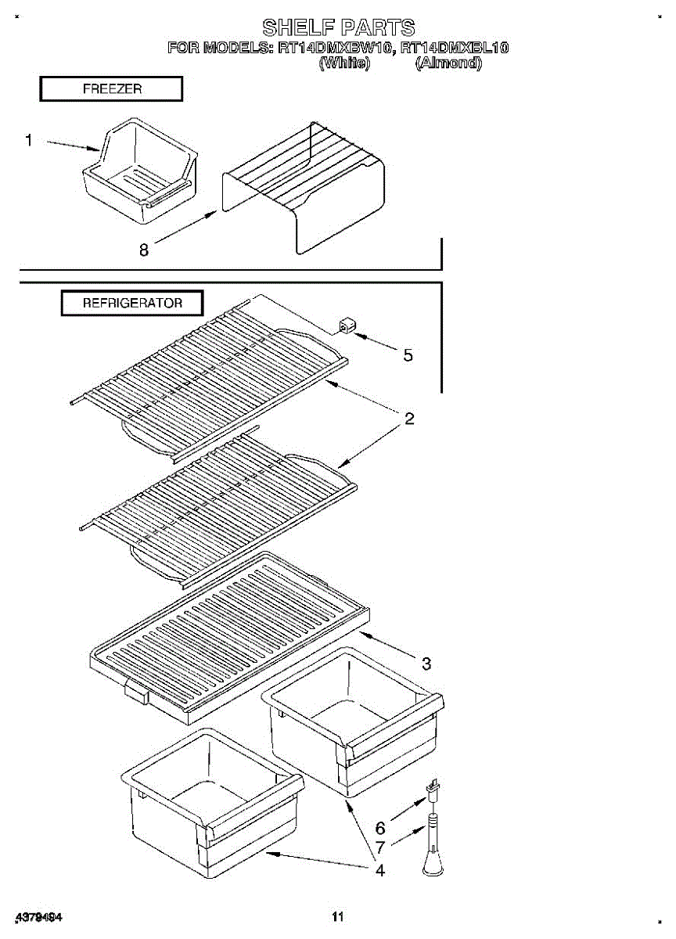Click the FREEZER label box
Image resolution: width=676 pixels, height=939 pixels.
(x=111, y=89)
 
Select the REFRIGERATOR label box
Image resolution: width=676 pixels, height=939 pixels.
(x=132, y=303)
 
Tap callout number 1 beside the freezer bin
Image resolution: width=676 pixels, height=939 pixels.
(x=29, y=141)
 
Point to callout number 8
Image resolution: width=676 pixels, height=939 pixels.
(x=143, y=250)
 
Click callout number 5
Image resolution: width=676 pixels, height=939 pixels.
(x=408, y=355)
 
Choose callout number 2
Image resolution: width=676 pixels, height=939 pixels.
(x=408, y=419)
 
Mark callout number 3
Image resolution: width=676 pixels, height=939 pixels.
(x=426, y=664)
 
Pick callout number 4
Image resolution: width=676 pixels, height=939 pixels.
(x=379, y=869)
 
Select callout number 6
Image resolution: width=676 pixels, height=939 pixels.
(x=380, y=827)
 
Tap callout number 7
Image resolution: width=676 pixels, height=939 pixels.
(x=380, y=847)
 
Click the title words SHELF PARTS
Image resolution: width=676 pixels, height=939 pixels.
(x=338, y=29)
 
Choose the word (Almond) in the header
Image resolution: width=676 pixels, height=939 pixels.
(x=448, y=63)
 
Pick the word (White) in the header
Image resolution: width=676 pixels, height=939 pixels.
(x=343, y=63)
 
